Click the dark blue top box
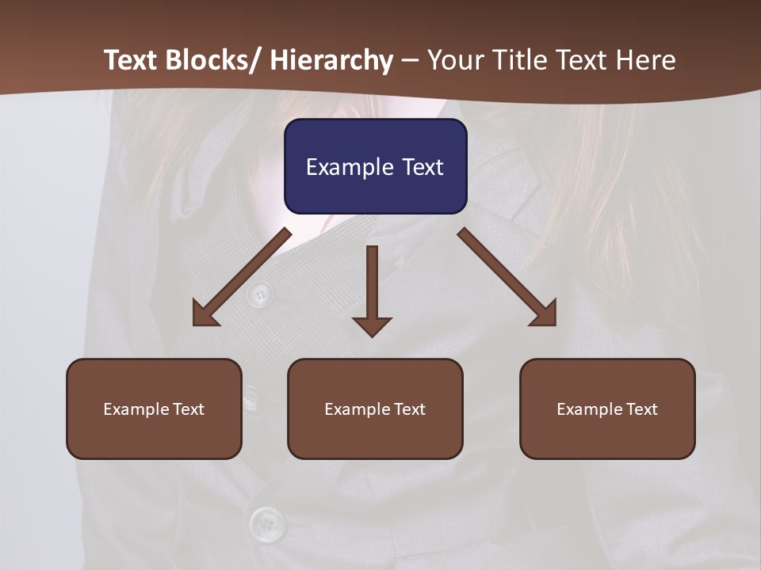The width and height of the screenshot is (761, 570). coord(375,166)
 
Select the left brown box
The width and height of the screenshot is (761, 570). coord(154,408)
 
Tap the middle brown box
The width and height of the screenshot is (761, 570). coord(375,408)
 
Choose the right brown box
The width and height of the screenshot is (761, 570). coord(607,408)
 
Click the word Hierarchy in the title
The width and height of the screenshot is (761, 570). coord(331,60)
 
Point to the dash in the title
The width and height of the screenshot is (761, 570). coord(410,60)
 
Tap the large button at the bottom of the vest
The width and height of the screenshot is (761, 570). coord(268,523)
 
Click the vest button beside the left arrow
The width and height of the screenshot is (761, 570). coord(258,295)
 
